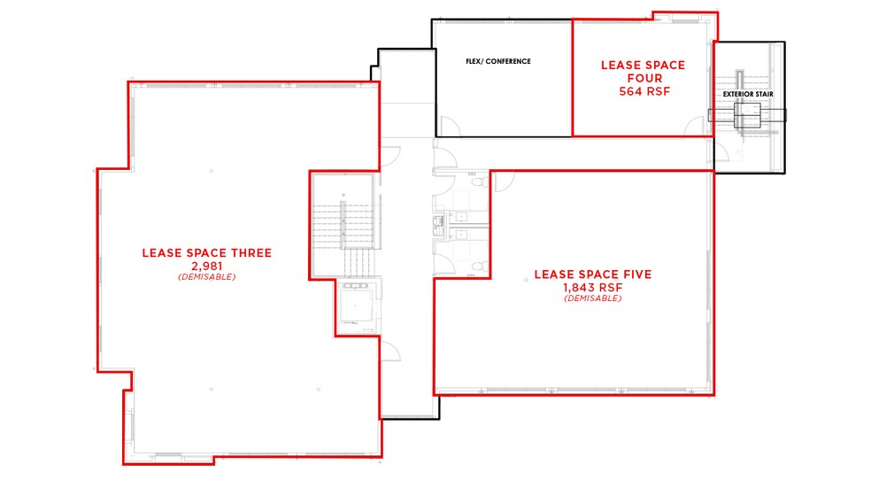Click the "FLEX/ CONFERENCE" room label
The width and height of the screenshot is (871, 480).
(x=497, y=61)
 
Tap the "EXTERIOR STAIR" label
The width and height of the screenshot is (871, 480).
(x=744, y=93)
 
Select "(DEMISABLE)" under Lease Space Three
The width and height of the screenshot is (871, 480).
(x=206, y=276)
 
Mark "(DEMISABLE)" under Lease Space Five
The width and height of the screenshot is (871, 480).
(x=592, y=298)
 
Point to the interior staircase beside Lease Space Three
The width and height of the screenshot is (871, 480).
(x=343, y=230)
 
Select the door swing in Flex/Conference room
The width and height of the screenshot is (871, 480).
(x=447, y=127)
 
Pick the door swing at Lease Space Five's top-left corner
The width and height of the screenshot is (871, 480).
(x=504, y=181)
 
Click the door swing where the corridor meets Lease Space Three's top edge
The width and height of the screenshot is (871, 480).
(x=388, y=154)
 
